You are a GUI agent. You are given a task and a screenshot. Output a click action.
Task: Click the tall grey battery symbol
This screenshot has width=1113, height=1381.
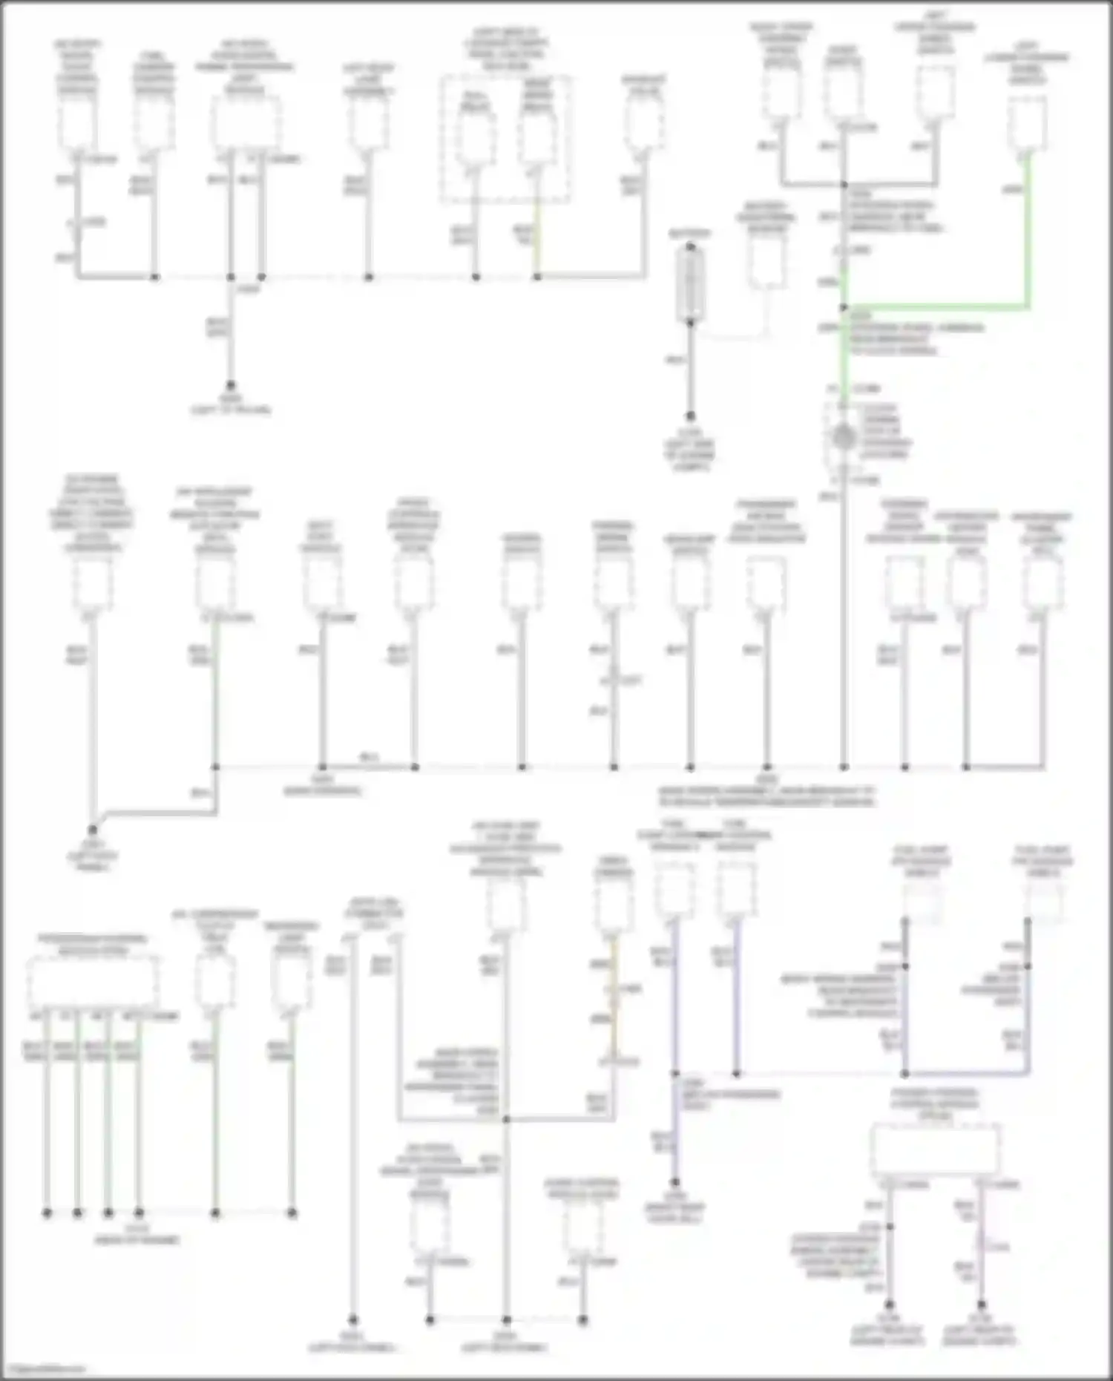[x=690, y=286]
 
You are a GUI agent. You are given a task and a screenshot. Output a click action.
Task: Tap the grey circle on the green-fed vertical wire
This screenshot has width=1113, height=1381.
[x=843, y=438]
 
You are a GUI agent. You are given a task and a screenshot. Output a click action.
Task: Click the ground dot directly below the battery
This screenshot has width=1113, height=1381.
[x=690, y=417]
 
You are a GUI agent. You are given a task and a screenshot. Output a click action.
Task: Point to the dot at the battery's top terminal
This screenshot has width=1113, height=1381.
[x=690, y=246]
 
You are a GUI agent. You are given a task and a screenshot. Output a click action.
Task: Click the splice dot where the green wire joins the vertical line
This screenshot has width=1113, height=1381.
[x=844, y=306]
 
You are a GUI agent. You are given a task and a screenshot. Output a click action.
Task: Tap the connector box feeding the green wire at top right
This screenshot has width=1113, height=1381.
[x=1028, y=125]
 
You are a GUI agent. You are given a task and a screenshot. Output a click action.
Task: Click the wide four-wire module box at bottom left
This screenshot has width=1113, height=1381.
[x=93, y=981]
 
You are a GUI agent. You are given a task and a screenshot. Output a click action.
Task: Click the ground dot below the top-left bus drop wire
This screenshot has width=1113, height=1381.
[x=231, y=386]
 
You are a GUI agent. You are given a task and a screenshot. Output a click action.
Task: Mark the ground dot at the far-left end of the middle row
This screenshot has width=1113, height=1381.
[x=93, y=830]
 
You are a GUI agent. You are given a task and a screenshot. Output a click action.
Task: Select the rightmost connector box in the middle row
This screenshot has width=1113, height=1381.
[x=1042, y=583]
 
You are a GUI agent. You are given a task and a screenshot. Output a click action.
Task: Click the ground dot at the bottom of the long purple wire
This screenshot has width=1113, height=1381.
[x=675, y=1183]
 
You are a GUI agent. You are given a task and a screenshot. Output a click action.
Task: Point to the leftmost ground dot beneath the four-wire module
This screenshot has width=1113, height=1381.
[x=47, y=1213]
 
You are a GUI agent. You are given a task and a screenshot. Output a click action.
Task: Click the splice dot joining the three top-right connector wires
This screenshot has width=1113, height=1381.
[x=844, y=185]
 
